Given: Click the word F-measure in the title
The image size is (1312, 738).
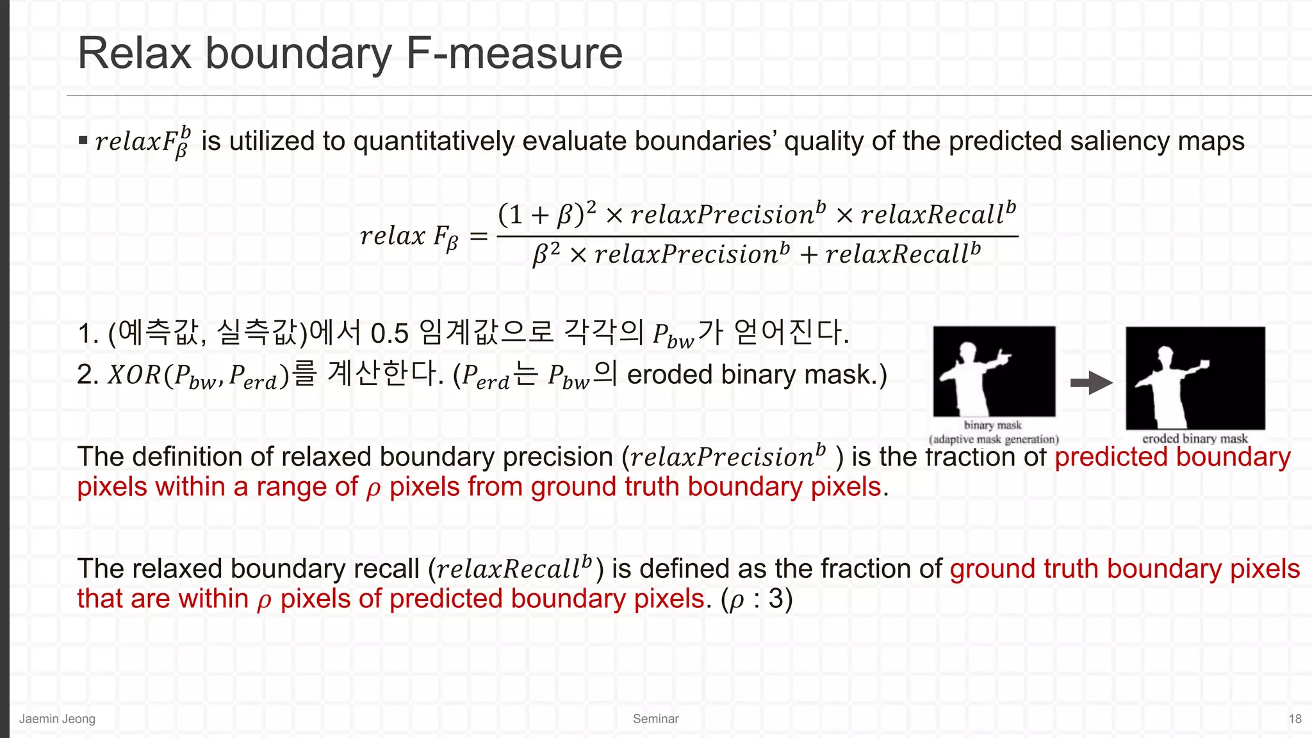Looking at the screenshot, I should [514, 53].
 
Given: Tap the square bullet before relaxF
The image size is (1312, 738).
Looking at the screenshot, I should [83, 140].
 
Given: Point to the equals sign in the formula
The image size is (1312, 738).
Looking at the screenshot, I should [479, 236].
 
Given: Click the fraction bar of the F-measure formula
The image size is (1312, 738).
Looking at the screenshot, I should [757, 236].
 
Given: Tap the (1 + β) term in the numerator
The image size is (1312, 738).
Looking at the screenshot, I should [541, 215].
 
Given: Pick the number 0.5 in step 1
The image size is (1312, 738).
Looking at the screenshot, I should [389, 333].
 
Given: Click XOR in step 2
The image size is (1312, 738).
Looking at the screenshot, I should [135, 375].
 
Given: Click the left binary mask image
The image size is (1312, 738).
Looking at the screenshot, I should [994, 372].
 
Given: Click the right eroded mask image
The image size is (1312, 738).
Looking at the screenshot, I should [1195, 378].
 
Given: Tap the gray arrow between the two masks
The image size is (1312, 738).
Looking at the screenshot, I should [1091, 383].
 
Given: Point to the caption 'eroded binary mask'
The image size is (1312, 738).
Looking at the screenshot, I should [1195, 439].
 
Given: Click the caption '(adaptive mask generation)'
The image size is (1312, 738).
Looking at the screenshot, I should [994, 439].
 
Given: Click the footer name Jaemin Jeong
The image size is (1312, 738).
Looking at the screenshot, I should [57, 719].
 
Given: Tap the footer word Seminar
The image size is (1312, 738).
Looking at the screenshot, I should [655, 719].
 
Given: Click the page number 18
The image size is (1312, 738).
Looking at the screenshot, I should [1295, 719].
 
